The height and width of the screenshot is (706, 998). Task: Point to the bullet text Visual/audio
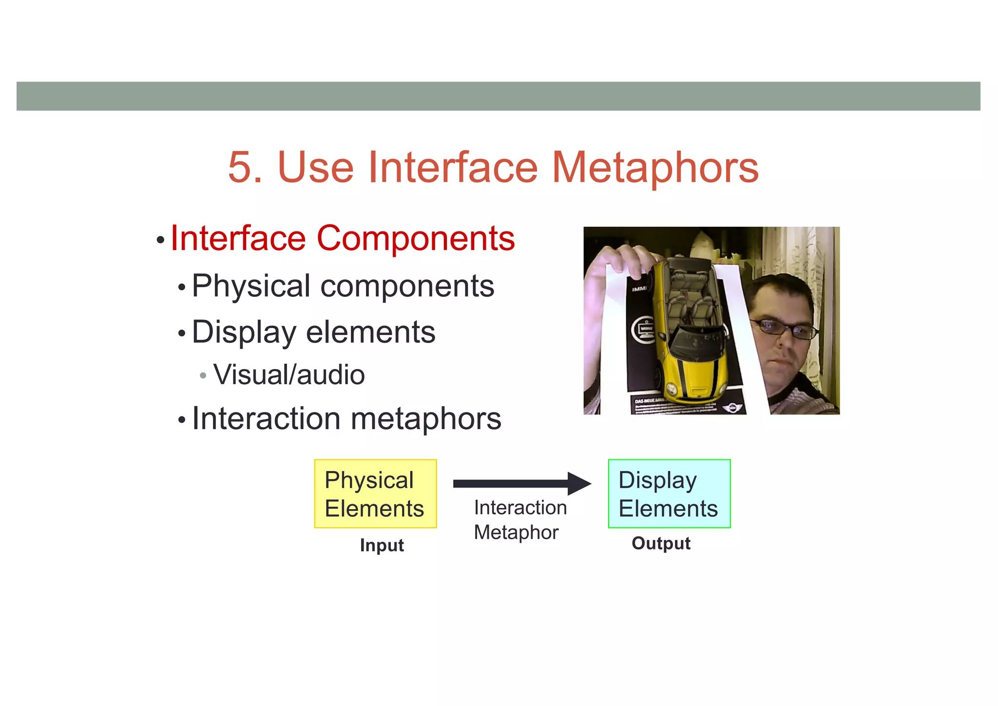(x=289, y=375)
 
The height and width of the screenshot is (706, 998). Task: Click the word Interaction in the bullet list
(x=266, y=418)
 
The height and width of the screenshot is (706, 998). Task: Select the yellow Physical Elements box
(x=375, y=493)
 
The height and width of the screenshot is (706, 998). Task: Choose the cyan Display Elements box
(x=669, y=493)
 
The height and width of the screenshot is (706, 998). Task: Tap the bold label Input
(x=382, y=545)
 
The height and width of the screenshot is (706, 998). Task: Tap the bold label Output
(x=661, y=543)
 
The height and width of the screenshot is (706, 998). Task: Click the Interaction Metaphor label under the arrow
(x=519, y=520)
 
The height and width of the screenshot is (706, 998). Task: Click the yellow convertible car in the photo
(x=692, y=332)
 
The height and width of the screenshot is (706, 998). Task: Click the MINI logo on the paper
(x=731, y=408)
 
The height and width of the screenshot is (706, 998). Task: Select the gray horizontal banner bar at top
(x=498, y=96)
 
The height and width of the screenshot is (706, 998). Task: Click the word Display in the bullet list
(x=244, y=332)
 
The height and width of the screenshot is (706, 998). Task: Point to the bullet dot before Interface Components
(x=160, y=240)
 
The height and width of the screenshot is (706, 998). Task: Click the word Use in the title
(x=315, y=167)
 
